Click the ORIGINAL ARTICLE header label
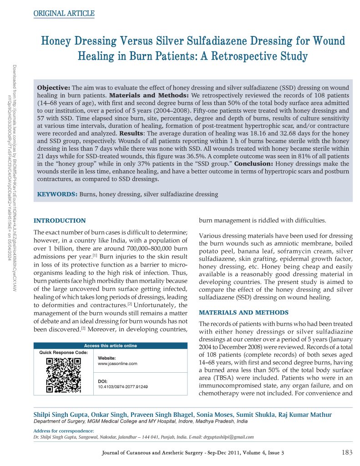tap(64, 14)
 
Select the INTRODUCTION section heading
tap(60, 221)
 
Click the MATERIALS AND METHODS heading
tap(243, 313)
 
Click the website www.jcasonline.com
tap(117, 364)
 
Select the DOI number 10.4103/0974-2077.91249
tap(123, 387)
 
